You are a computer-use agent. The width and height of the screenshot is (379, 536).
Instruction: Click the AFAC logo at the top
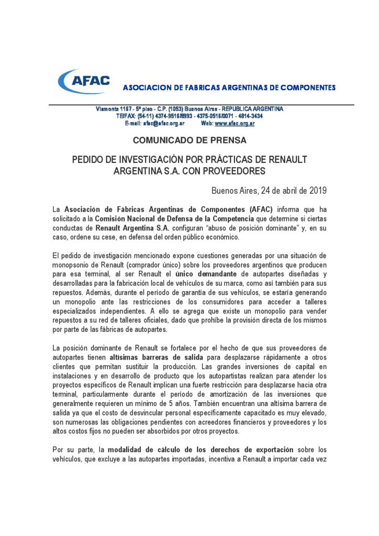click(85, 82)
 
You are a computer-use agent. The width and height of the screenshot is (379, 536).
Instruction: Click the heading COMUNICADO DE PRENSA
click(189, 140)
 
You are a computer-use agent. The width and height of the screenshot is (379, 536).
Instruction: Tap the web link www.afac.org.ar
click(235, 123)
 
